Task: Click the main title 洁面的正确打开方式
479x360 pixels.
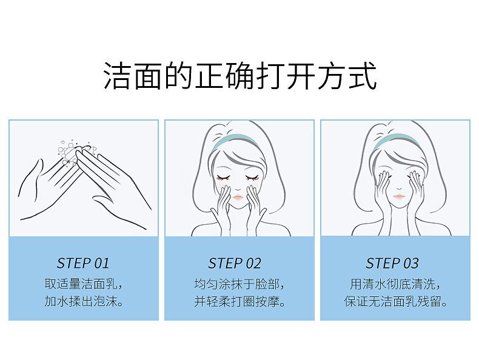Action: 240,76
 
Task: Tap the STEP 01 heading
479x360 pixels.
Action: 83,263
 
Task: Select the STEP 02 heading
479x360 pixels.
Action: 235,263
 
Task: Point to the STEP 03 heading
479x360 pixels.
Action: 392,263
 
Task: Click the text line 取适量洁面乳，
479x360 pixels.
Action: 83,284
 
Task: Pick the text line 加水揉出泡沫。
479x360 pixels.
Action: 83,301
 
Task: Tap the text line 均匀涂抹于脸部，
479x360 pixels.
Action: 239,284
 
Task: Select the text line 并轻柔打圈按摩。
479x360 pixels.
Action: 239,301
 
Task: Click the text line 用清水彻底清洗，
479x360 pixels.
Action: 395,284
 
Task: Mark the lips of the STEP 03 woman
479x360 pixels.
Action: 398,196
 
